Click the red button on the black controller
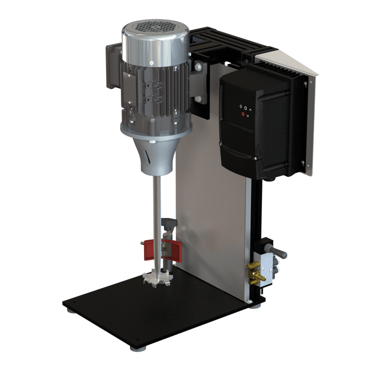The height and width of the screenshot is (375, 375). click(x=243, y=114)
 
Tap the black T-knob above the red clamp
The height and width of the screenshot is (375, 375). click(x=169, y=223)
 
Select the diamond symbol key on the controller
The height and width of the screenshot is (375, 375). click(x=240, y=106)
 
